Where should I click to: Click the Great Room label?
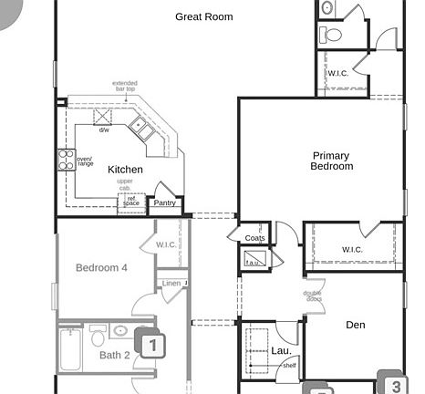tap(203, 16)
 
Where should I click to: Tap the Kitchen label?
tap(125, 170)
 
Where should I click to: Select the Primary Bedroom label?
tap(331, 161)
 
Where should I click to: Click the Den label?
tap(355, 325)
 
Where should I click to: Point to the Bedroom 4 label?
tap(101, 268)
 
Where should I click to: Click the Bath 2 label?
tap(115, 355)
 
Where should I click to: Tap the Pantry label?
tap(165, 203)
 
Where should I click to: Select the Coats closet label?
tap(255, 238)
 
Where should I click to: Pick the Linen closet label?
tap(171, 284)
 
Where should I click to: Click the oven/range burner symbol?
tap(66, 160)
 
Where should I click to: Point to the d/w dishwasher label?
tap(105, 130)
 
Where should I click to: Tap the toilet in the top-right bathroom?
tap(332, 35)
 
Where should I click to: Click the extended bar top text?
tap(124, 87)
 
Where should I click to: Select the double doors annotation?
tap(313, 295)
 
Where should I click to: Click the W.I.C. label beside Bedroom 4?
tap(166, 244)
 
